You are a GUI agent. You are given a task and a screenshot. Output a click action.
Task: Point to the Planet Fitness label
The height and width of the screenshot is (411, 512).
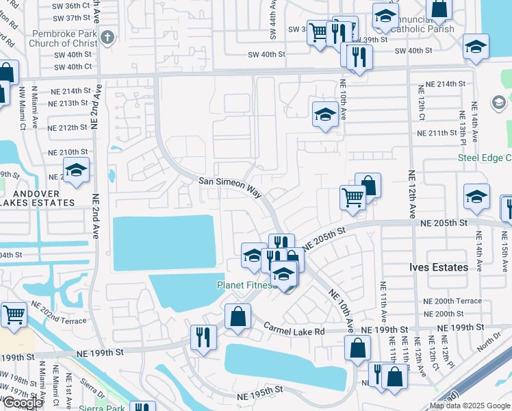(246, 285)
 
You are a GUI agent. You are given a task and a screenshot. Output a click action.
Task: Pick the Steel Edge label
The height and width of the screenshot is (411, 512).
(484, 159)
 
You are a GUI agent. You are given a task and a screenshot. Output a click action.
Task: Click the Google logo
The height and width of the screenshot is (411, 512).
(23, 403)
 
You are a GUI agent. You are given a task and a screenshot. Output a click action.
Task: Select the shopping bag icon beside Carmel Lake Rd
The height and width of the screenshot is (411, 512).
(238, 316)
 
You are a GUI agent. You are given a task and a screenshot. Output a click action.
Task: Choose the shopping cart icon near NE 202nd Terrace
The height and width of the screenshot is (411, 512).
(14, 315)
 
